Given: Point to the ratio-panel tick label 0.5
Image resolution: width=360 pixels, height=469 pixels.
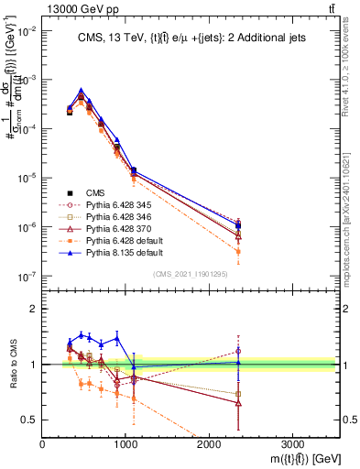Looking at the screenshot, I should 28,420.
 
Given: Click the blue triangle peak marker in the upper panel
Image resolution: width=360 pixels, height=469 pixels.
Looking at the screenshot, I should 82,91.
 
